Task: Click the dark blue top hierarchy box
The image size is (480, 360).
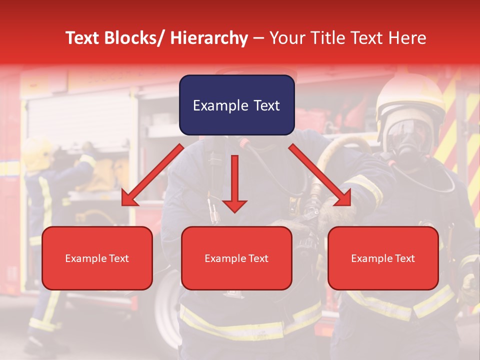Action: click(236, 105)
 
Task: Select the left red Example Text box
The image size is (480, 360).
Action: click(97, 258)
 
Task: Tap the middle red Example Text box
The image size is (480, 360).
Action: click(236, 258)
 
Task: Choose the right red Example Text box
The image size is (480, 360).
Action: click(383, 258)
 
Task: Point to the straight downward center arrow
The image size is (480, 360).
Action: click(234, 183)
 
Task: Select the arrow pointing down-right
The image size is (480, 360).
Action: click(320, 175)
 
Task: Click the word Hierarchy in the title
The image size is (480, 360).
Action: click(208, 38)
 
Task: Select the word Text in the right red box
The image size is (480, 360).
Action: click(404, 258)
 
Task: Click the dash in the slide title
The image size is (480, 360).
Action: click(258, 38)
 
